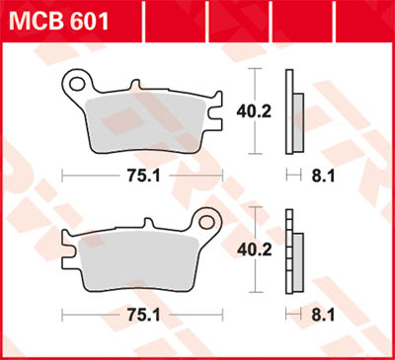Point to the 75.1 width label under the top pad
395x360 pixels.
[142, 176]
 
